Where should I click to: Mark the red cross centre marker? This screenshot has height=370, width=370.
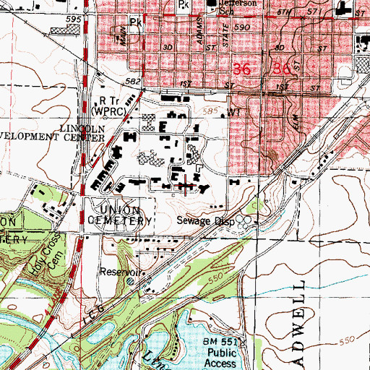point(186,186)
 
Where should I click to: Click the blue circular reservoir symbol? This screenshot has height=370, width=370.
point(130,283)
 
